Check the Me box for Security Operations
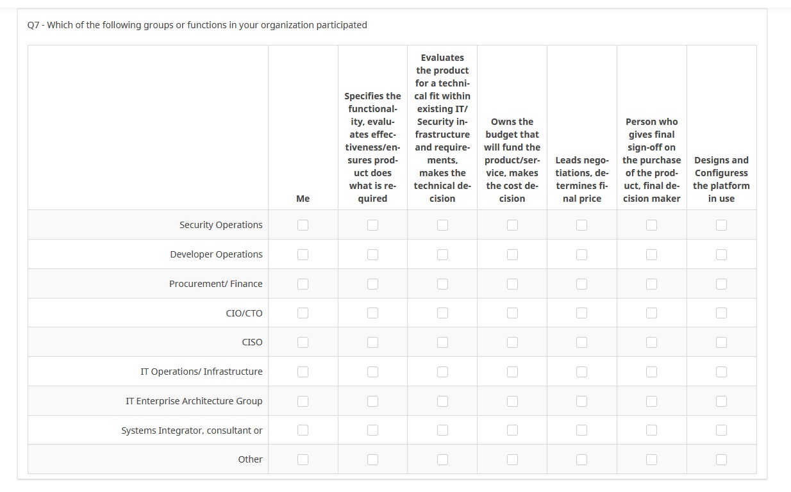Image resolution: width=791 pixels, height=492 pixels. point(303,225)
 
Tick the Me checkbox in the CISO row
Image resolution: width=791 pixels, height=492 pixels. point(303,342)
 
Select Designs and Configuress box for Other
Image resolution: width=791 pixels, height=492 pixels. point(721,459)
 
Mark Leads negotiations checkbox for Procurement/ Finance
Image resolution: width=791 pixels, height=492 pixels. point(581,284)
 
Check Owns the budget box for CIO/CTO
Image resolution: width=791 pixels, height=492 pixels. point(512,313)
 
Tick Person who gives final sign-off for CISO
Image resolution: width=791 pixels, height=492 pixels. point(651,342)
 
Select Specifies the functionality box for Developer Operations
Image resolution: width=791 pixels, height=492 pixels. point(372,254)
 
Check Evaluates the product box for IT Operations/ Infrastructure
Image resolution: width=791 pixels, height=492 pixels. point(442,372)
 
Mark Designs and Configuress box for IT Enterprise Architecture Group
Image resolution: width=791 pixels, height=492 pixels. point(721,401)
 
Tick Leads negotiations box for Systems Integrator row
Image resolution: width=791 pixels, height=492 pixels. point(581,430)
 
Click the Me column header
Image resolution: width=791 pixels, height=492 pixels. point(303,199)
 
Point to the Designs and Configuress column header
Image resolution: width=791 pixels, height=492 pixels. point(721,179)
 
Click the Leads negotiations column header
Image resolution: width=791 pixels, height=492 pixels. point(581,179)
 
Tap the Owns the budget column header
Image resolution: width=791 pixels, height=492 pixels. point(512,160)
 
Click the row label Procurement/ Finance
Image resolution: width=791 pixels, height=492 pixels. point(215,284)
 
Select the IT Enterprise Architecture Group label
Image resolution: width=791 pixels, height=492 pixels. point(194,401)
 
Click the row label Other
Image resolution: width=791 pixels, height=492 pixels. point(250,459)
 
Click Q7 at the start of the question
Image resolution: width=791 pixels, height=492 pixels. point(33,25)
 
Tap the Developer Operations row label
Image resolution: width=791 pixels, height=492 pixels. point(216,254)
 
